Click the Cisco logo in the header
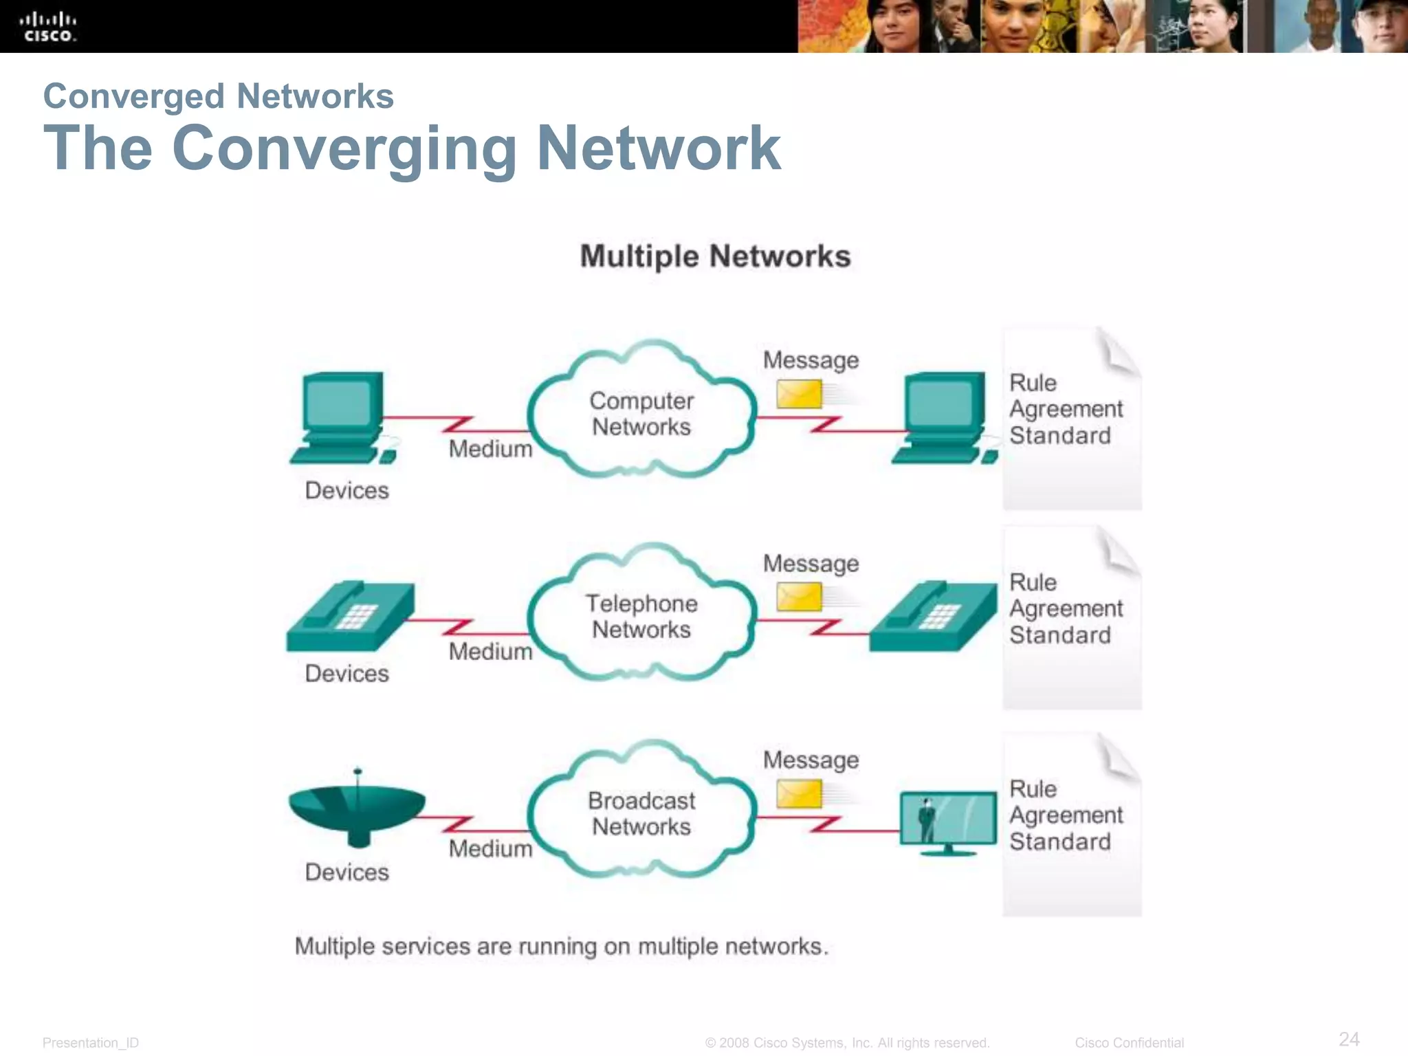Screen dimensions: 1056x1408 coord(48,27)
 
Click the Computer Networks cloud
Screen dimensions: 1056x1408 coord(641,413)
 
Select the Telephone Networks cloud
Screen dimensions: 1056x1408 coord(641,616)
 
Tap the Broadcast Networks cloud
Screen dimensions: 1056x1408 coord(641,813)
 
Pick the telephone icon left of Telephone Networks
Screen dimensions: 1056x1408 coord(350,617)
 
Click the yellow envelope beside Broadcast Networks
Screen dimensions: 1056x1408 coord(799,794)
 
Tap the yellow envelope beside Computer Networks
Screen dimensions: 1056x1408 coord(799,395)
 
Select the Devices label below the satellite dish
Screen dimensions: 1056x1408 coord(346,872)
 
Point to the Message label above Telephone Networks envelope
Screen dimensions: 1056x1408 coord(811,564)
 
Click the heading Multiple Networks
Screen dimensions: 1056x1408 coord(715,256)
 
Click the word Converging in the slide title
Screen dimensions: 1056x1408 coord(344,148)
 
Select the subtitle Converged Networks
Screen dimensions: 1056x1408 coord(218,96)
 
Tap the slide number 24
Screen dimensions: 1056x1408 coord(1349,1039)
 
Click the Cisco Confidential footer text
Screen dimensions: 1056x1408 coord(1129,1043)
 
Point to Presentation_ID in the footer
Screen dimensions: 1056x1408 coord(91,1043)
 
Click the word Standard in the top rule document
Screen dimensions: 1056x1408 coord(1059,436)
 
